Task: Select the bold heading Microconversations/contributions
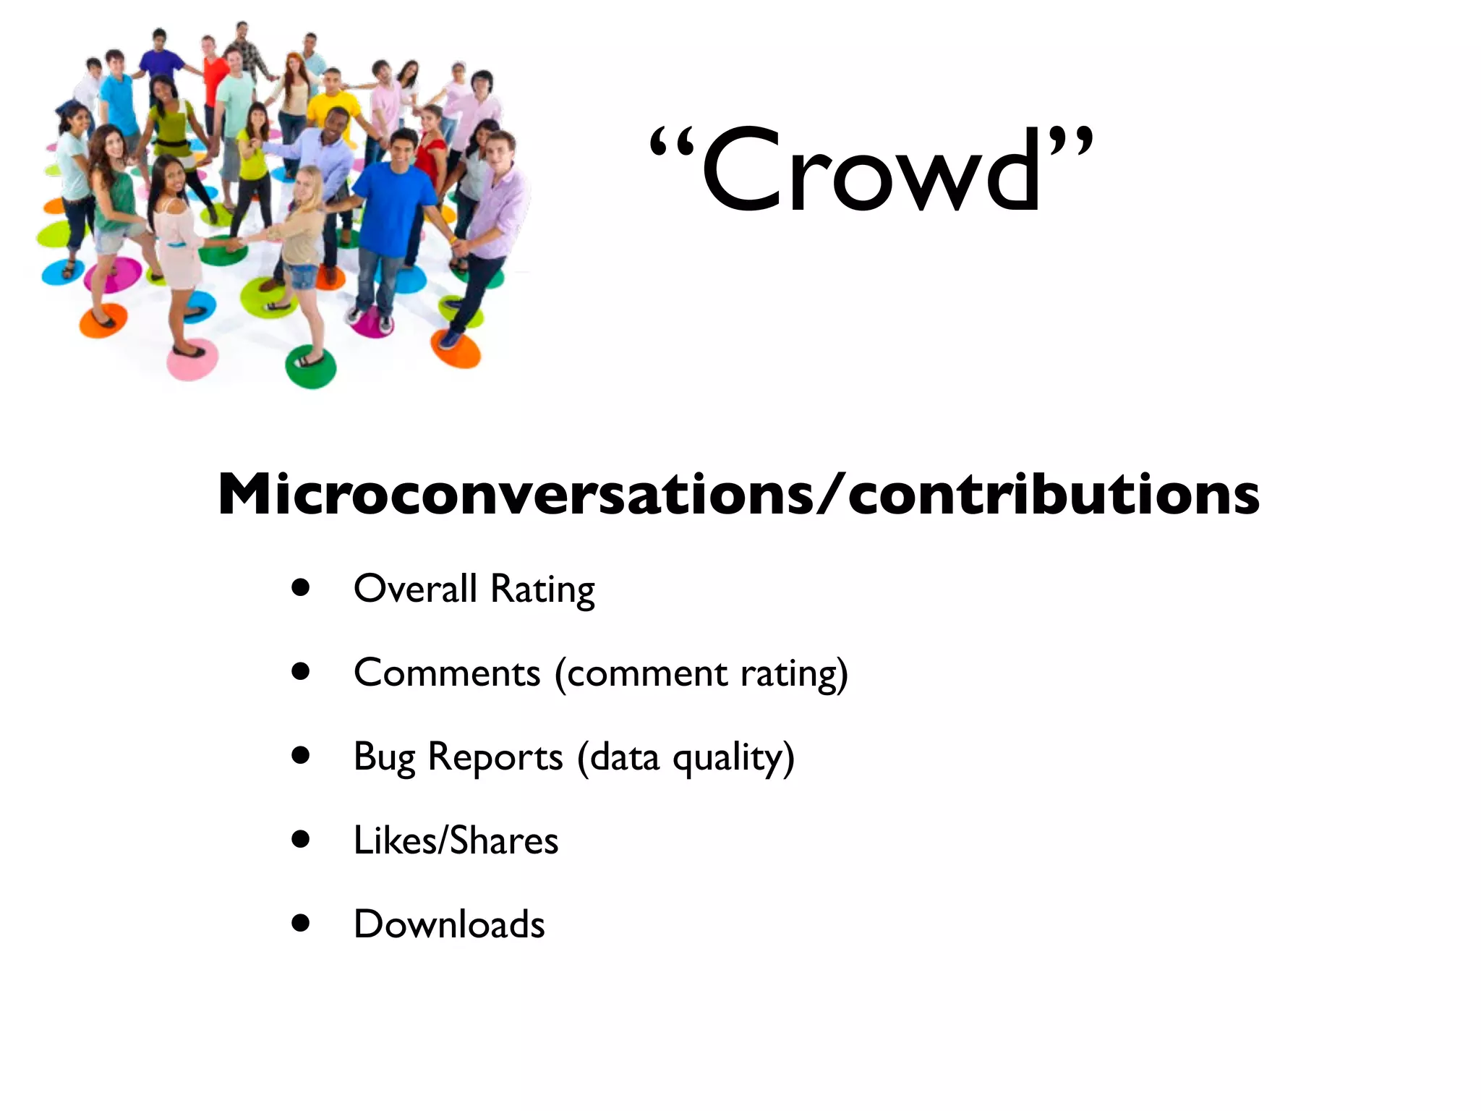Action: (738, 495)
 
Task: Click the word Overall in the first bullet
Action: (415, 588)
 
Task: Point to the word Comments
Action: (447, 673)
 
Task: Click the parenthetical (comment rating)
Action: (701, 674)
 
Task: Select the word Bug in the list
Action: (384, 757)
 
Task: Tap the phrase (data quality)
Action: (686, 757)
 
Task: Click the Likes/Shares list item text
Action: (456, 840)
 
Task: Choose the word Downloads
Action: (449, 924)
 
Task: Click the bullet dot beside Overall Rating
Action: (301, 588)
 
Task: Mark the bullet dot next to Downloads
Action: (301, 924)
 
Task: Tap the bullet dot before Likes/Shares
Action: (301, 840)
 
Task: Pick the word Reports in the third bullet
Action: (495, 757)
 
